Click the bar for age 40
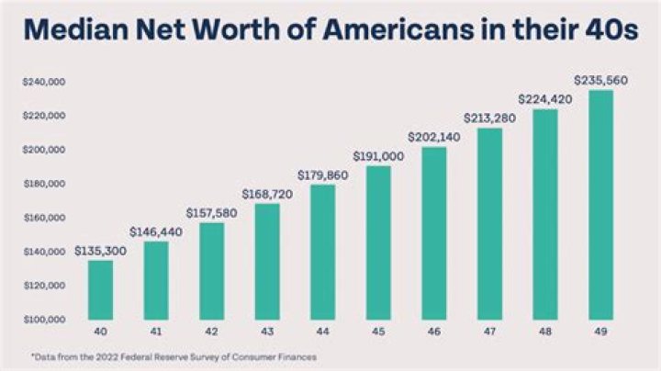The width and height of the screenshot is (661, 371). tap(101, 289)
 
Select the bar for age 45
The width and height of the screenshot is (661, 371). tap(378, 242)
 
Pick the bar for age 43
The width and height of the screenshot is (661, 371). tap(267, 261)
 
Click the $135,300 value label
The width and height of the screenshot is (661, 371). tap(101, 250)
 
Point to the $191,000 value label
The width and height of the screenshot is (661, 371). tap(378, 155)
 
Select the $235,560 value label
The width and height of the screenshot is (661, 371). tap(600, 80)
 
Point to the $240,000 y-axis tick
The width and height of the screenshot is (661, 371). tap(44, 82)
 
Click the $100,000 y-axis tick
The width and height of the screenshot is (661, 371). tap(44, 320)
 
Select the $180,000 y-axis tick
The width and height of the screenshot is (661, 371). tap(44, 184)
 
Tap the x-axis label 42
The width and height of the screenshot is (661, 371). tap(211, 331)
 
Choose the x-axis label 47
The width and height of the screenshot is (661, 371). tap(489, 331)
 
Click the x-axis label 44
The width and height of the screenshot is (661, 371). tap(322, 331)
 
